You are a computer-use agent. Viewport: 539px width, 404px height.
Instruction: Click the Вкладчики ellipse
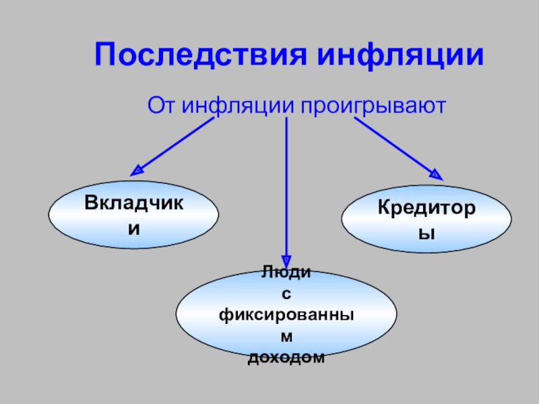(x=133, y=215)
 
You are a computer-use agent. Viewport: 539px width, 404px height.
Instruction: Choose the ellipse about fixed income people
(x=286, y=311)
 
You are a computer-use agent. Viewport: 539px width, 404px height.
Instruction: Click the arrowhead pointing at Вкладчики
(x=135, y=171)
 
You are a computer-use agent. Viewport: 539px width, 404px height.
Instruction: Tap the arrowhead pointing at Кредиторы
(x=437, y=175)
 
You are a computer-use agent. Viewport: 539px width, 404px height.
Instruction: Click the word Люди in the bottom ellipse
(x=286, y=272)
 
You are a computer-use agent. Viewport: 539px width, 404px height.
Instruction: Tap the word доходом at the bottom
(x=286, y=358)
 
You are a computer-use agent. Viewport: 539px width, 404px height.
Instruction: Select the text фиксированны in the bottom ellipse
(x=286, y=314)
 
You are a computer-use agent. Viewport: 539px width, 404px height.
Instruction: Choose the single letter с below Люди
(x=286, y=293)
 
